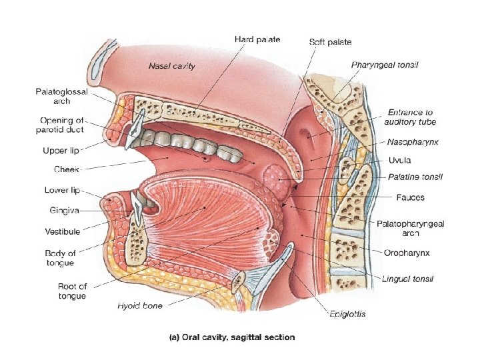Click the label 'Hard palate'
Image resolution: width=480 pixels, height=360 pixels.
[x=257, y=39]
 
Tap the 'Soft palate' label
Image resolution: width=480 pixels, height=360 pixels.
[x=331, y=41]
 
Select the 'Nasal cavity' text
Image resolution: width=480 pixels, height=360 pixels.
[x=171, y=66]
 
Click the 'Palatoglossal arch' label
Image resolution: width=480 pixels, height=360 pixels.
[x=61, y=97]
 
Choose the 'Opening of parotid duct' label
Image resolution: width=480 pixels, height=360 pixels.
[x=62, y=125]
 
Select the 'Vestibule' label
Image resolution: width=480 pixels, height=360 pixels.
[x=63, y=231]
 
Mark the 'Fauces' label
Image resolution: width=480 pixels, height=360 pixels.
[x=409, y=197]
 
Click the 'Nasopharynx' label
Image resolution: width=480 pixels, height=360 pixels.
[x=411, y=142]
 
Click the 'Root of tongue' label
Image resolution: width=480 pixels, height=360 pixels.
[x=72, y=291]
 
